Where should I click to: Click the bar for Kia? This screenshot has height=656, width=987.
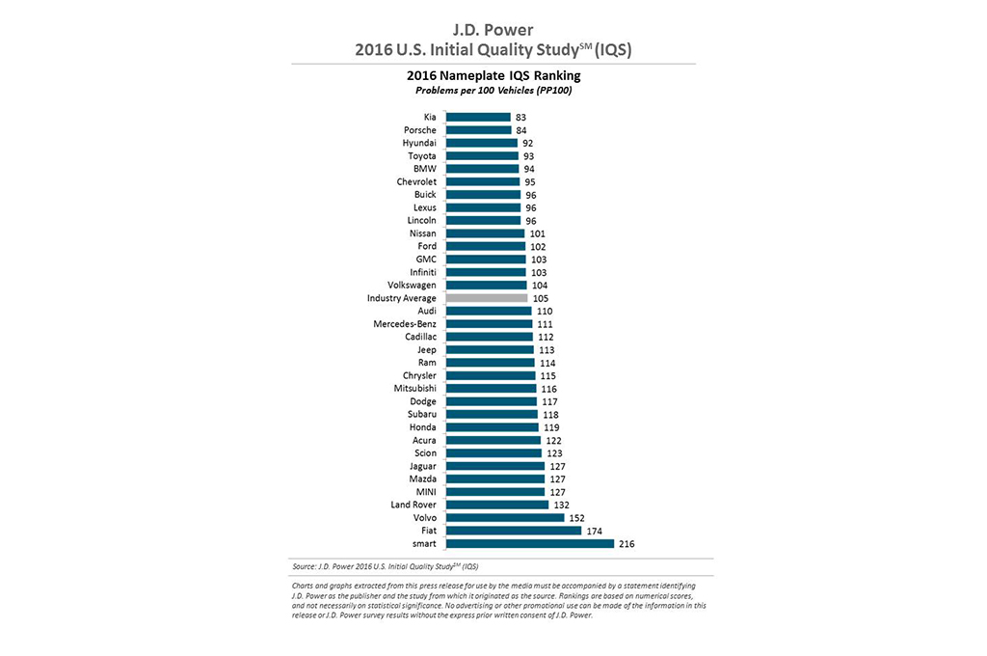coord(478,117)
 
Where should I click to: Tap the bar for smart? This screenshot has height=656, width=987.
coord(529,543)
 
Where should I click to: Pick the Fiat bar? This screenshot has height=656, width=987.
coord(513,531)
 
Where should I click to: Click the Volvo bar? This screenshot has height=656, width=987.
coord(505,517)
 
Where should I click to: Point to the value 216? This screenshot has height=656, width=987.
coord(627,544)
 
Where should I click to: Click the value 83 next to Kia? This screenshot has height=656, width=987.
coord(520,118)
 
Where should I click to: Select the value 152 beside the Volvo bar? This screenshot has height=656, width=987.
coord(576,518)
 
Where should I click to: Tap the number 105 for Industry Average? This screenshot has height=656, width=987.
coord(540,298)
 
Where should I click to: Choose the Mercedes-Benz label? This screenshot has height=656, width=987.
coord(405,324)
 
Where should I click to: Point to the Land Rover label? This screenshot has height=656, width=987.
coord(413,505)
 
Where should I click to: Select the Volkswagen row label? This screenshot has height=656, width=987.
coord(412,286)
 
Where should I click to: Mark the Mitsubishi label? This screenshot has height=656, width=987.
coord(414,389)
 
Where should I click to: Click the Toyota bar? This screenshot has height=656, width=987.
coord(482,155)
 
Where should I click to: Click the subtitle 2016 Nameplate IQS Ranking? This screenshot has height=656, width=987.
coord(493,74)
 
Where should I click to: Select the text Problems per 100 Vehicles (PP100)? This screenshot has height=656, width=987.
coord(493,90)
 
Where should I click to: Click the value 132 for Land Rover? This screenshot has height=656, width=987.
coord(561,505)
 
